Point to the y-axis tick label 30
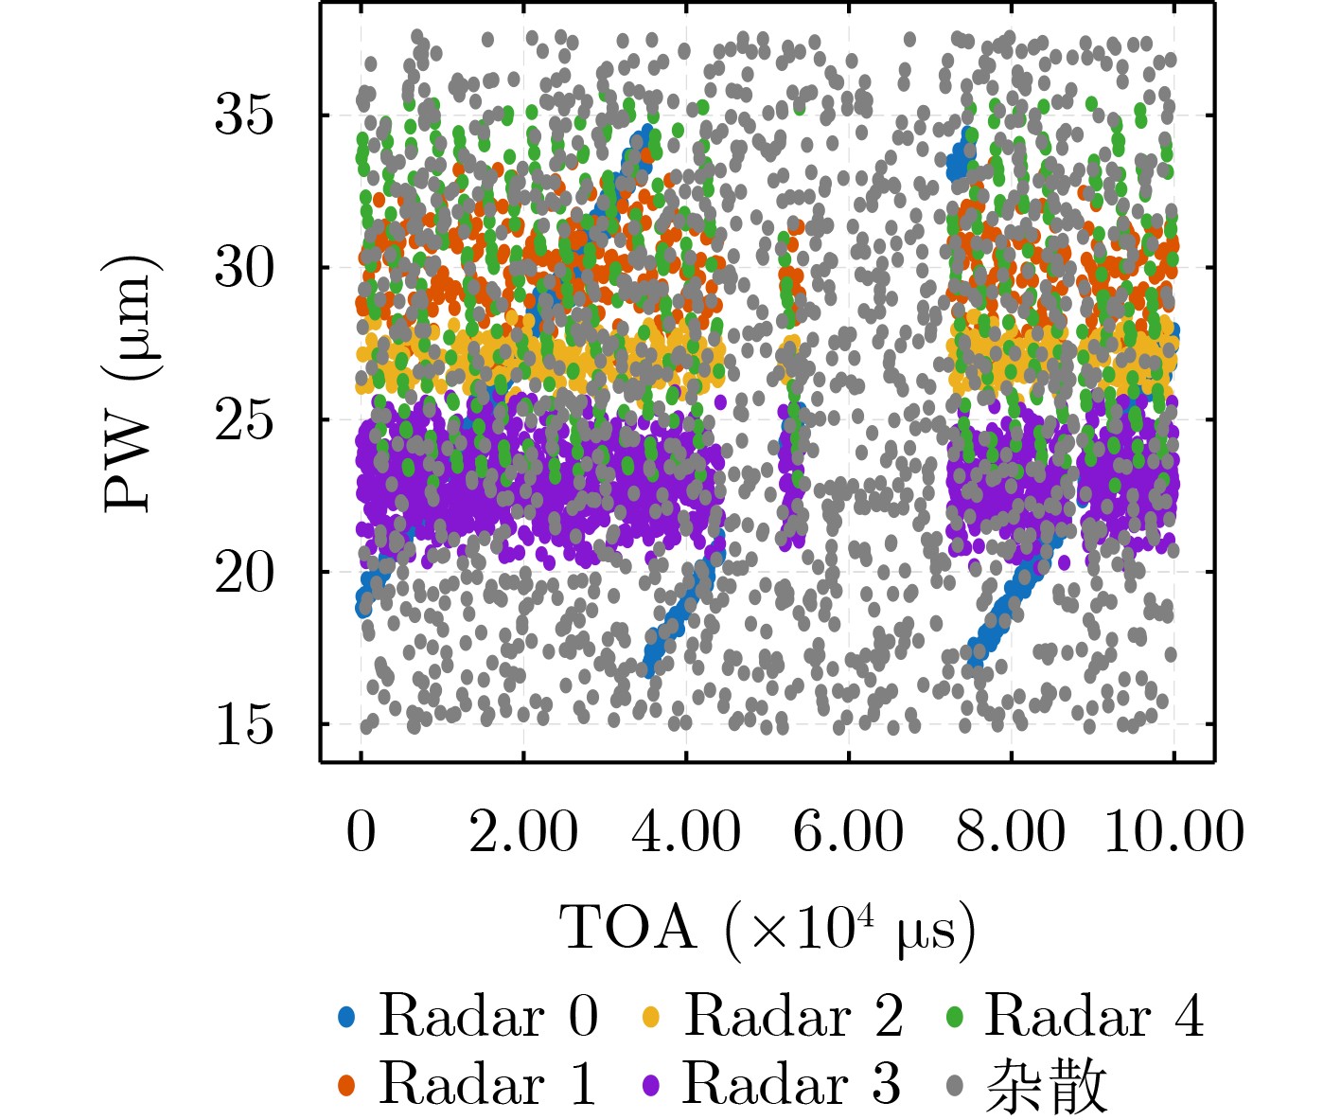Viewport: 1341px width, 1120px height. tap(243, 268)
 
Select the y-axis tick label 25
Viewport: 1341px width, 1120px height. tap(243, 419)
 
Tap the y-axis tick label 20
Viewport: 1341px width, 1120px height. tap(243, 572)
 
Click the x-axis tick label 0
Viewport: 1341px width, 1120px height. tap(361, 831)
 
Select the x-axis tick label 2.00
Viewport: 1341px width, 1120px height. tap(523, 831)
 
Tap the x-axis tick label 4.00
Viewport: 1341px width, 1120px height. tap(686, 831)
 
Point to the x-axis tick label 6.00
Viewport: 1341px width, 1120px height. tap(849, 831)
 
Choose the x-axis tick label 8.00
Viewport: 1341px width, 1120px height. tap(1011, 831)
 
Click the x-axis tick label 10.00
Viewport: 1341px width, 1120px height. tap(1173, 831)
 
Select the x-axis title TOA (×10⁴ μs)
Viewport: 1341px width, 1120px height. tap(768, 929)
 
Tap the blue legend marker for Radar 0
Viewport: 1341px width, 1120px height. tap(346, 1018)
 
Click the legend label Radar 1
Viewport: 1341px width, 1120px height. tap(488, 1083)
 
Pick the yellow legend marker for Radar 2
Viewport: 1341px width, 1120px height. tap(651, 1018)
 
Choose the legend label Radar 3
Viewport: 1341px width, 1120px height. tap(792, 1083)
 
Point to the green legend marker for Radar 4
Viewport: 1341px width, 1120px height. tap(955, 1018)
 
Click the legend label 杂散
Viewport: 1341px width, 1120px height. tap(1046, 1085)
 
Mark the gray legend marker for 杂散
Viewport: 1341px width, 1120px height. tap(955, 1085)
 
